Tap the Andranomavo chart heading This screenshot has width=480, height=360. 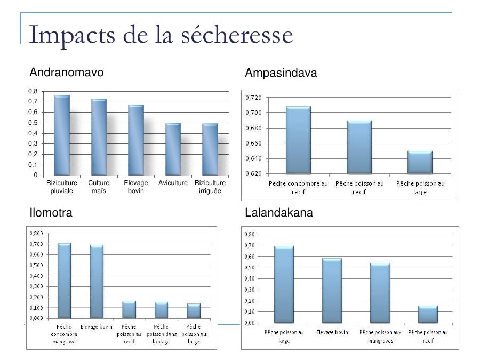[x=67, y=72]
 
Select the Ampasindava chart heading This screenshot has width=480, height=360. [x=281, y=74]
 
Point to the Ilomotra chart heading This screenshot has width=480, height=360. [x=51, y=213]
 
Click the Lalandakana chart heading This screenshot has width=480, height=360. [x=279, y=213]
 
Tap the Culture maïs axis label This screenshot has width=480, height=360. [x=99, y=187]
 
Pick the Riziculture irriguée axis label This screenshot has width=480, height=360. [x=210, y=187]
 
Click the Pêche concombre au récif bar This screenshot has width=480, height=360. [x=298, y=140]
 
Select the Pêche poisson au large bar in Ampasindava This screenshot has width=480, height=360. [x=420, y=163]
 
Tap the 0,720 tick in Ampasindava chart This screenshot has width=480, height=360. [x=254, y=98]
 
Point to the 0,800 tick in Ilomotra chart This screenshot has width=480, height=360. [x=37, y=233]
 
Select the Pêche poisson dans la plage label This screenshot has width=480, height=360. [x=161, y=334]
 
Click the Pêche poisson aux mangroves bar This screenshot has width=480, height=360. [x=380, y=293]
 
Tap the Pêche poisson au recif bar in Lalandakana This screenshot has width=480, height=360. [x=428, y=314]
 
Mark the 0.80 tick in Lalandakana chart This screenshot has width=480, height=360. [x=249, y=234]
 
